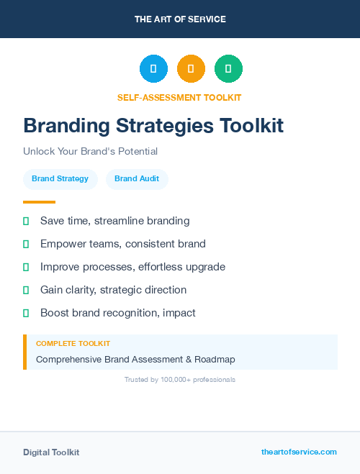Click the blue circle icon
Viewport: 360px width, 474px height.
point(153,68)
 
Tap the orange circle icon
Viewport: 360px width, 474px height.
point(191,68)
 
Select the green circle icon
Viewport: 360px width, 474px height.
point(228,68)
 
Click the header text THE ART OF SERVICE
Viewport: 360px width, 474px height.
point(180,19)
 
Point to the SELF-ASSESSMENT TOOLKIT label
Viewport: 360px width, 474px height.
point(179,97)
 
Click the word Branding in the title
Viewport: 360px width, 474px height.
point(67,126)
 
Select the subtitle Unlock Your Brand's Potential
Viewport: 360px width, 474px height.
point(90,152)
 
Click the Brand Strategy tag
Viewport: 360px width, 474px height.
point(60,179)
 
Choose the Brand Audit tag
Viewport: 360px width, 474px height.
point(137,179)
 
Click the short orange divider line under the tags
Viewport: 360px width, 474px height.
point(39,202)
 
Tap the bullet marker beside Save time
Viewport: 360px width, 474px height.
point(26,221)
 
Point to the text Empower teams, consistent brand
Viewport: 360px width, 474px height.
point(123,244)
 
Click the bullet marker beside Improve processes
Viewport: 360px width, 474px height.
point(26,267)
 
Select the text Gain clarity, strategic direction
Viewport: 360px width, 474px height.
point(113,290)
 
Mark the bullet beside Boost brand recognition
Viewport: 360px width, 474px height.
point(26,313)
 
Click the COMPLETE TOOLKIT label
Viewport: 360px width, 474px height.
point(73,344)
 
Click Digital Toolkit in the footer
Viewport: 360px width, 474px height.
point(51,452)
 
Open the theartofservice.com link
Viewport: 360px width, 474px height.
point(299,452)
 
